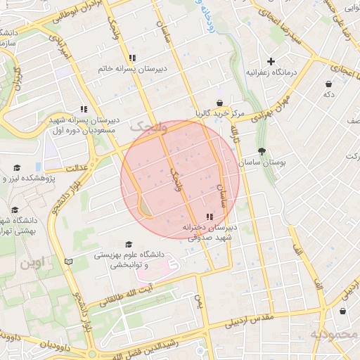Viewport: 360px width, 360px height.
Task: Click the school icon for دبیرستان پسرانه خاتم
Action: pos(131,58)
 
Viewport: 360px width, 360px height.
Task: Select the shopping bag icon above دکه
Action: pos(328,83)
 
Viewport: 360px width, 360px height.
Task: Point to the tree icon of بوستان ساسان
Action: pos(262,150)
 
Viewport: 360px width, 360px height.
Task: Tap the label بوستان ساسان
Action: pos(264,162)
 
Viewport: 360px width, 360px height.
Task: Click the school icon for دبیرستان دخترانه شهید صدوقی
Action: pos(209,216)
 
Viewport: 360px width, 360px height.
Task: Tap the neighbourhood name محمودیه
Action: pos(335,335)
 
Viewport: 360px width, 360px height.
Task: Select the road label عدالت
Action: pos(75,169)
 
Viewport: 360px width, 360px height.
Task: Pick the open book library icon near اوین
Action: pos(68,261)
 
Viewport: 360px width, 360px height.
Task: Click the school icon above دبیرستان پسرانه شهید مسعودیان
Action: pos(84,109)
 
